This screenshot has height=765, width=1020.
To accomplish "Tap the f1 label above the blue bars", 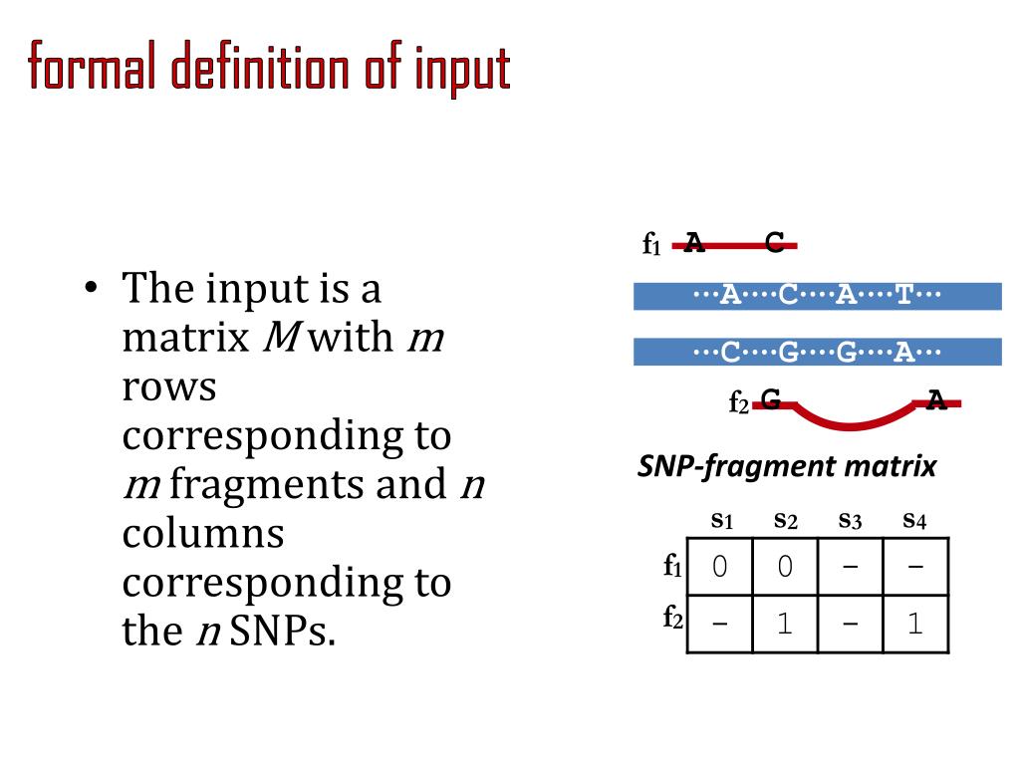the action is tap(652, 243).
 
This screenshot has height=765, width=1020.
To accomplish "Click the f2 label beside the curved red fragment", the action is tap(738, 402).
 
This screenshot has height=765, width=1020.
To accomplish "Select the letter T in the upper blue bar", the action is tap(904, 295).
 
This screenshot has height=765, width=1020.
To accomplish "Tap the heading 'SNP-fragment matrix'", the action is tap(787, 466).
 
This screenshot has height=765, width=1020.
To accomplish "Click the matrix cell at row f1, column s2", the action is tap(785, 567).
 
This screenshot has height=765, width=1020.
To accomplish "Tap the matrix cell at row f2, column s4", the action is tap(915, 625).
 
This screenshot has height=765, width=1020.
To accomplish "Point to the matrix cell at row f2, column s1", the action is tap(720, 625).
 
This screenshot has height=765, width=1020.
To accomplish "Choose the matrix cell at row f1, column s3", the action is tap(850, 567).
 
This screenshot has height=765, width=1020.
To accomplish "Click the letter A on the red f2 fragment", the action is tap(936, 401).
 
